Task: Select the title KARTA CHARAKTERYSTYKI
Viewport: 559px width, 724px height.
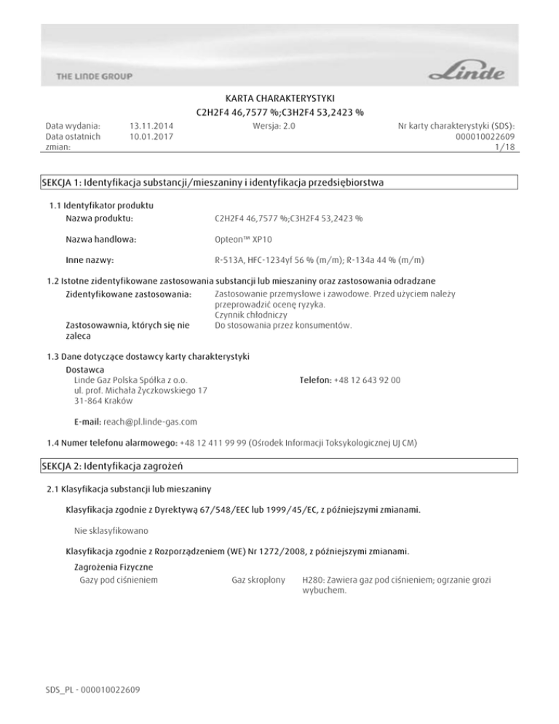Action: coord(279,98)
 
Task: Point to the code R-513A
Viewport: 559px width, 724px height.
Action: coord(230,259)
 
